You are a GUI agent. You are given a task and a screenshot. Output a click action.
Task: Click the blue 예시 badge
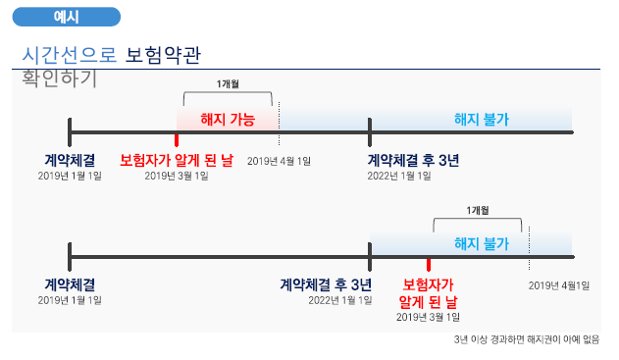pos(68,17)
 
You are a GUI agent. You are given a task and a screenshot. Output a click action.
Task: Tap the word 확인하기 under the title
pos(59,79)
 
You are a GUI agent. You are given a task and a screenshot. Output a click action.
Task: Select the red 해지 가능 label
pos(227,120)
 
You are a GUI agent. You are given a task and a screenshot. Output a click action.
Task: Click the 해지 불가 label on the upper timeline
pos(481,120)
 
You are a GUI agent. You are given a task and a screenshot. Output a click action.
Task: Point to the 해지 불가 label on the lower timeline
pos(481,243)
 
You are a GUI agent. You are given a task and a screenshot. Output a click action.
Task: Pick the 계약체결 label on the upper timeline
pos(70,160)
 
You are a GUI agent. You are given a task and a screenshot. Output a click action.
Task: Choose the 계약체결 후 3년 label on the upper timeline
pos(413,160)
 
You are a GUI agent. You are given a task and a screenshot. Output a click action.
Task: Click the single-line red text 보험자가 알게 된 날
pos(177,160)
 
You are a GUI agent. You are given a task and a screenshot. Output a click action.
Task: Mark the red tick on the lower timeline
pos(429,264)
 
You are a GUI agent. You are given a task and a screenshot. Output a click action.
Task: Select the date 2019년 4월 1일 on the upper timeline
pos(279,161)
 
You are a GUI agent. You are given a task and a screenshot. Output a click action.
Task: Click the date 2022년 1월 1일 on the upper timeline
pos(399,176)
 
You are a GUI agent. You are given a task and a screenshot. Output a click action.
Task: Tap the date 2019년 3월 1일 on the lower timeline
pos(428,317)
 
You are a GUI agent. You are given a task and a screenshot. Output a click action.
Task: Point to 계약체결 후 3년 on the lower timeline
pos(326,284)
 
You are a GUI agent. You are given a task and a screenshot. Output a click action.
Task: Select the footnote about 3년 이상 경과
pos(527,339)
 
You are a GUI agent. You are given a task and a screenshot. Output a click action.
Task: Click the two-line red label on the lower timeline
pos(429,292)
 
